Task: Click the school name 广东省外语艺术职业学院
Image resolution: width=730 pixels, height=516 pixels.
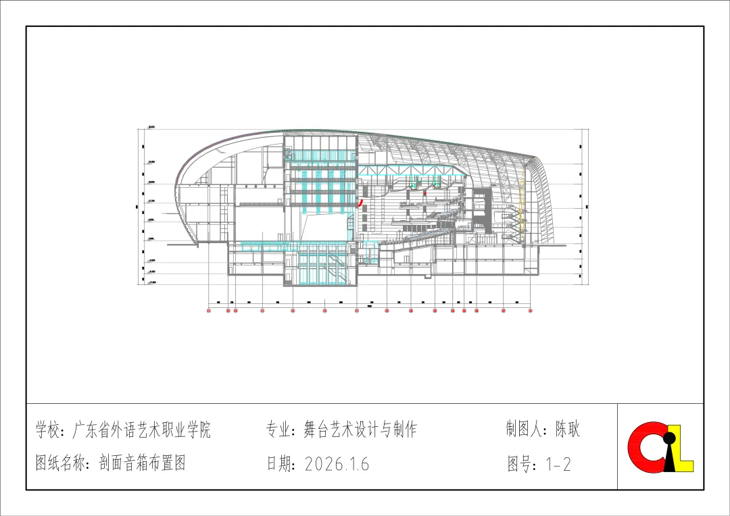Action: [141, 430]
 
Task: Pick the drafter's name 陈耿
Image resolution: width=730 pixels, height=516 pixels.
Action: [568, 429]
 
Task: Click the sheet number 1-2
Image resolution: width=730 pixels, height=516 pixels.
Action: [558, 464]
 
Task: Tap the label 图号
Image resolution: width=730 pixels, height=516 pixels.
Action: [521, 464]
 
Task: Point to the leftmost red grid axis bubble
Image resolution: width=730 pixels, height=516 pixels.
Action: [209, 311]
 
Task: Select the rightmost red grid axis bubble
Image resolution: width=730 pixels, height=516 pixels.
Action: [531, 311]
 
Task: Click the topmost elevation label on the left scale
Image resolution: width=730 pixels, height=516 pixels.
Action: [151, 127]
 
